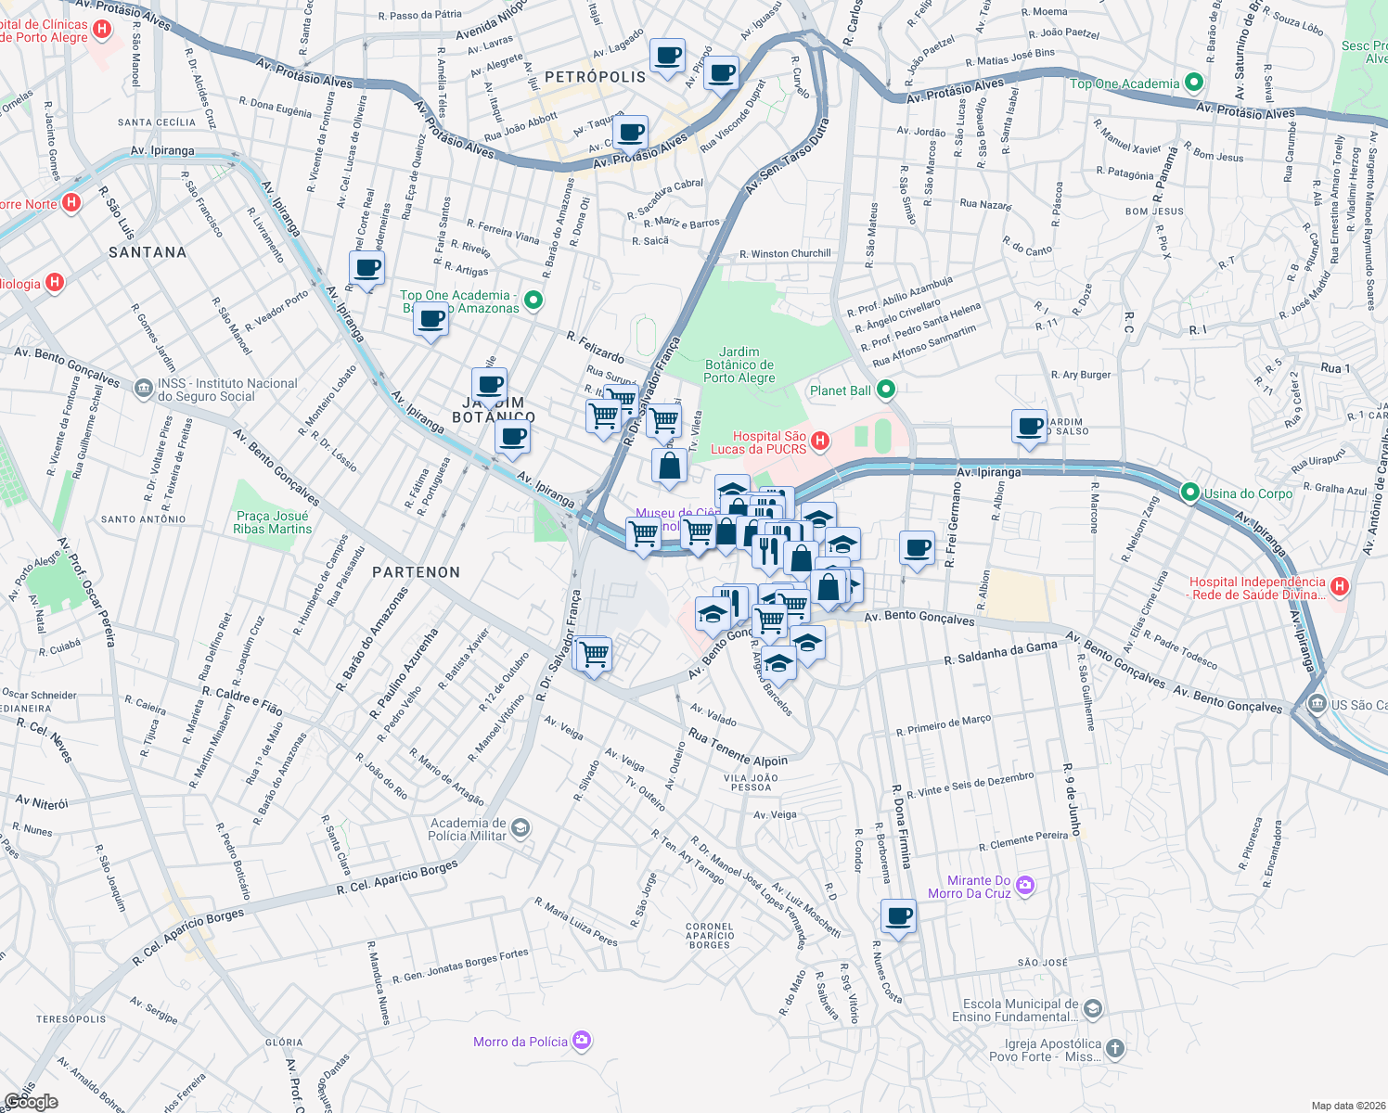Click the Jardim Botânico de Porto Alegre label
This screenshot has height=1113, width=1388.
click(739, 365)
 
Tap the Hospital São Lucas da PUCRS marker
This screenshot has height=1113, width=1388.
click(820, 441)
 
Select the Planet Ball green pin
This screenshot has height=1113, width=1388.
click(886, 390)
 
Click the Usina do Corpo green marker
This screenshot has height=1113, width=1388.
click(1190, 493)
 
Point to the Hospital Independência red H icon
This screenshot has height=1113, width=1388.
click(1339, 586)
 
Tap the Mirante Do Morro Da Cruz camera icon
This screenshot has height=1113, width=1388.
click(1024, 885)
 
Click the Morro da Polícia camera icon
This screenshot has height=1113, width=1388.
click(582, 1041)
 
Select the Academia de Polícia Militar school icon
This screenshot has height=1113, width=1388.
click(520, 827)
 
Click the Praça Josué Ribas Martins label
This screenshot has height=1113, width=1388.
click(272, 522)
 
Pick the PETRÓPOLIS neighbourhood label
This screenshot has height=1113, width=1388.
click(595, 77)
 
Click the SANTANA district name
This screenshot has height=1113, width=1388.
click(148, 252)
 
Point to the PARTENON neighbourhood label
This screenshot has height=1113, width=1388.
click(416, 572)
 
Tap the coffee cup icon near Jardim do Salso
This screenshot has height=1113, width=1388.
click(1029, 427)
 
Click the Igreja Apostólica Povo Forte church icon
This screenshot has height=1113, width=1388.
click(1114, 1048)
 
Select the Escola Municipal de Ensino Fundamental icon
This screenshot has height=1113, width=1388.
click(1093, 1008)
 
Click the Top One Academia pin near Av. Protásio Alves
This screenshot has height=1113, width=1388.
click(1194, 83)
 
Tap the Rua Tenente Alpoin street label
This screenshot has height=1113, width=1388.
click(738, 748)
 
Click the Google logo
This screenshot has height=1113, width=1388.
click(31, 1101)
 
